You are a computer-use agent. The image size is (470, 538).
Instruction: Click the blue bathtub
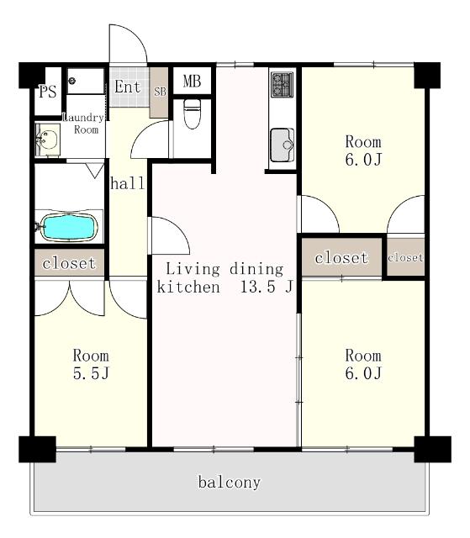pos(69,227)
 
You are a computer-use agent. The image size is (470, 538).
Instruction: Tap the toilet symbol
pos(192,114)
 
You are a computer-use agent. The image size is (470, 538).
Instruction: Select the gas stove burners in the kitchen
pos(282,84)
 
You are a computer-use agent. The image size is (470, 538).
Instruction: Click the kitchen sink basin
pos(282,145)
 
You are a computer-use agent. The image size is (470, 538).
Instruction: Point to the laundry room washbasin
pos(48,140)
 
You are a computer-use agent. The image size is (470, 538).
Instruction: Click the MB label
pos(192,82)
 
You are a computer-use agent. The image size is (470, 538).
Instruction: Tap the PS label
pos(47,92)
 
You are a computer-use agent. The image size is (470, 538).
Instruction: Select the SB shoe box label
pos(160,92)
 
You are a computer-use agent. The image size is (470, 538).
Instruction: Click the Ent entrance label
pos(127,87)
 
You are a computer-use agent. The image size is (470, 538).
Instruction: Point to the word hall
pos(128,183)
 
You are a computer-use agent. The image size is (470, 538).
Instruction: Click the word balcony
pos(230,482)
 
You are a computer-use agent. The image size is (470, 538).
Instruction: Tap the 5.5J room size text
pos(91,373)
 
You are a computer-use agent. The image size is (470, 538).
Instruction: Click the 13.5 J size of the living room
pos(267,287)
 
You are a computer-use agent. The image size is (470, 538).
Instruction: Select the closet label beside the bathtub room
pos(69,263)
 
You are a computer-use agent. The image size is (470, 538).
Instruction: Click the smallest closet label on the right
pos(405,257)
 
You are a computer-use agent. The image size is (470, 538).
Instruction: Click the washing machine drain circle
pos(71,81)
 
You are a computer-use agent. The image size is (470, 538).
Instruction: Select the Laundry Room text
pos(84,124)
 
